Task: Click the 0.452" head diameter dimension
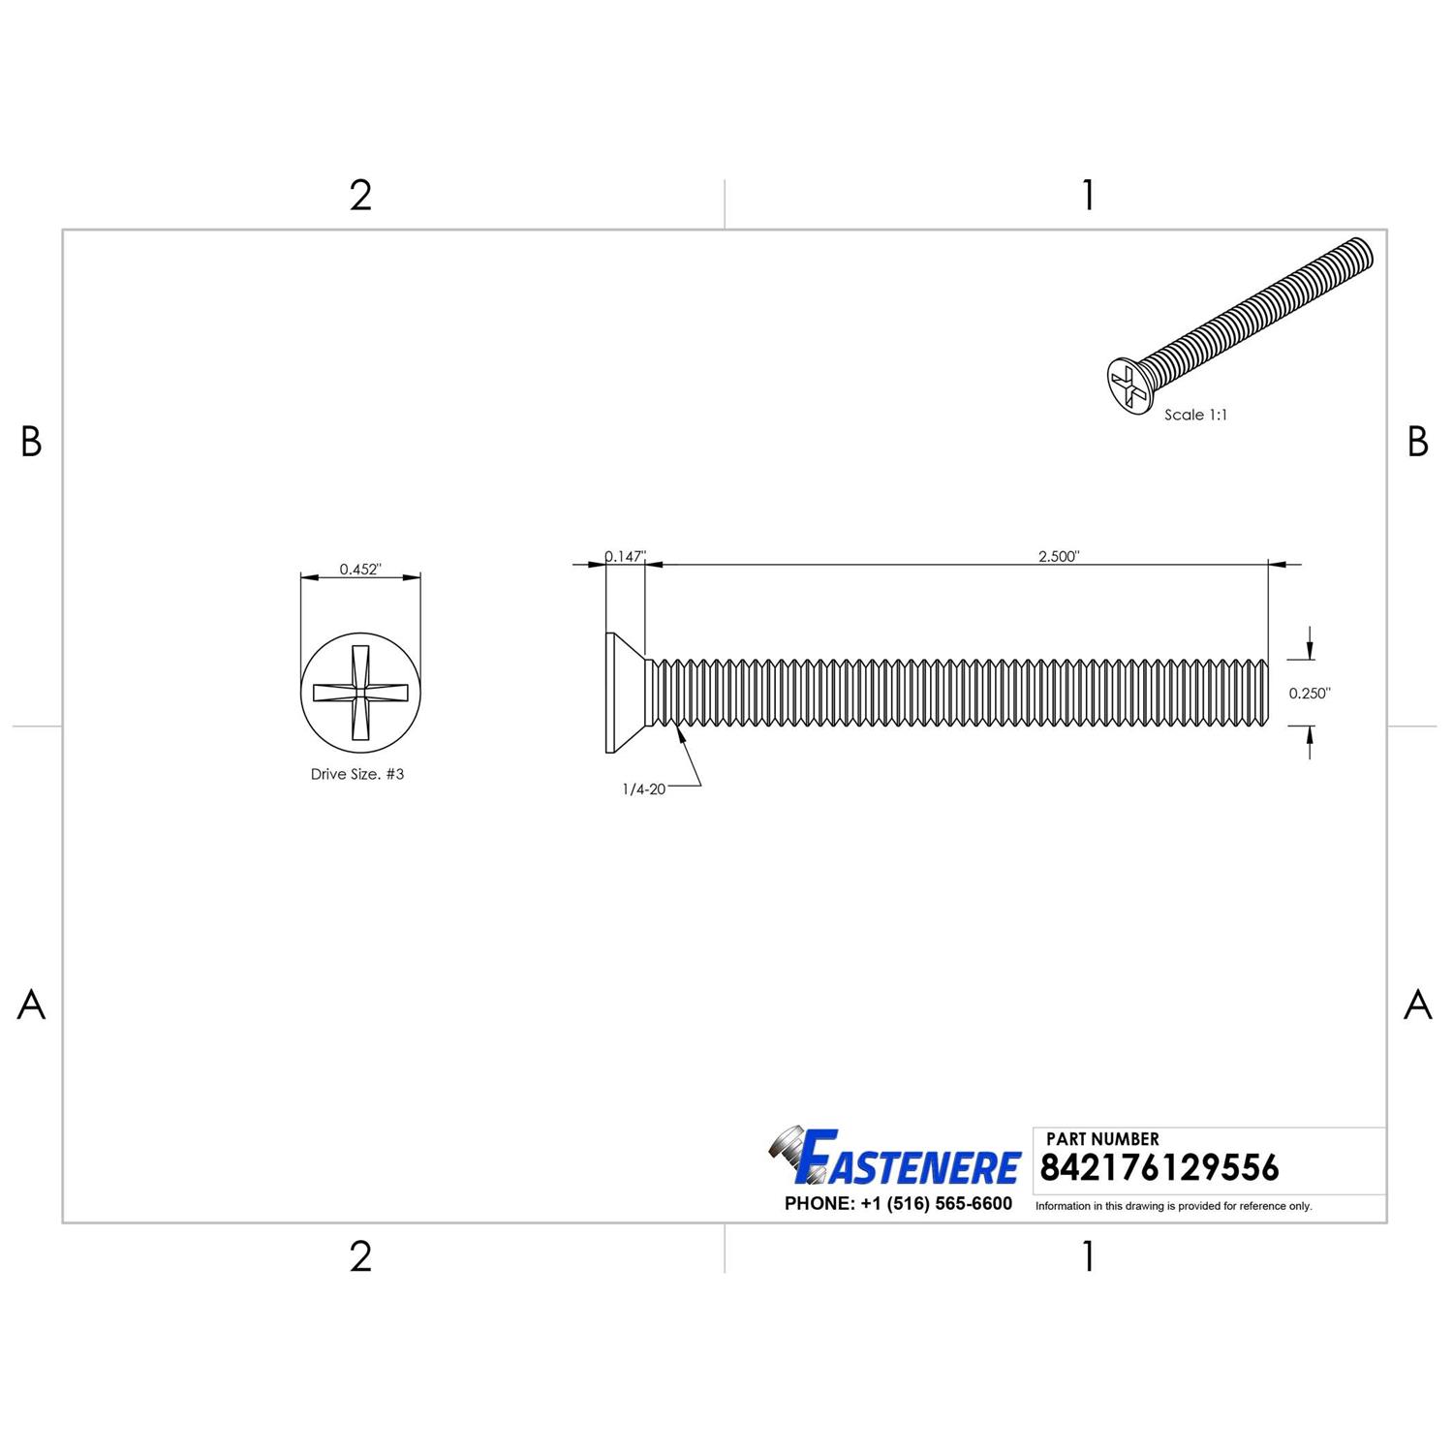(360, 570)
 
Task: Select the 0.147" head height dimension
(625, 556)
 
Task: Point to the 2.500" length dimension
(1058, 556)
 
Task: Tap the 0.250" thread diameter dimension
(1310, 694)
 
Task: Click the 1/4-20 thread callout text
(643, 789)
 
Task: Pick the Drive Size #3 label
(357, 774)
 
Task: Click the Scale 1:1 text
(1195, 415)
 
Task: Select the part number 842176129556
(1159, 1168)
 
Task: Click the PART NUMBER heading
(1102, 1139)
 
